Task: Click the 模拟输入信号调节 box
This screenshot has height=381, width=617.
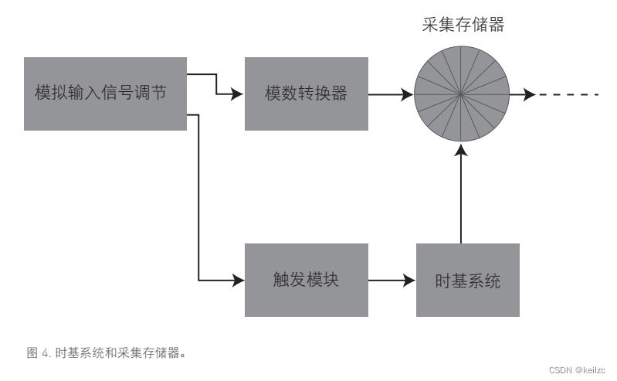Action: tap(105, 94)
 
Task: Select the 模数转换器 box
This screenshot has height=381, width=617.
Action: tap(306, 94)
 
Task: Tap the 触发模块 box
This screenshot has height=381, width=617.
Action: tap(306, 280)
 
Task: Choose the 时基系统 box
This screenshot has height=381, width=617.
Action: tap(467, 280)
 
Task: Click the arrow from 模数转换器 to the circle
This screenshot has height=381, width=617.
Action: tap(390, 94)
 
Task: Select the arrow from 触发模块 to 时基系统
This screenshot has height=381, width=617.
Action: tap(392, 280)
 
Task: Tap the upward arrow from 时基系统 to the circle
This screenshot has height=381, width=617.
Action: tap(461, 197)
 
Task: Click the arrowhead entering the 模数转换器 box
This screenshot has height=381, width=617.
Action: tap(238, 94)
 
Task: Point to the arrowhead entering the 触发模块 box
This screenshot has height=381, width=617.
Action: tap(238, 280)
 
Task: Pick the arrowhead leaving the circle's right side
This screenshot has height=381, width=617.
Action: tap(529, 94)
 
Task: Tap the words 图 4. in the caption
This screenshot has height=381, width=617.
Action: tap(39, 353)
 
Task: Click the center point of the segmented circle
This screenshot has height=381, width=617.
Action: tap(461, 94)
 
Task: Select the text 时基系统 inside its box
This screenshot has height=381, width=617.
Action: tap(467, 281)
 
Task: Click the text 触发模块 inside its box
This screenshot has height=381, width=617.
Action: tap(306, 280)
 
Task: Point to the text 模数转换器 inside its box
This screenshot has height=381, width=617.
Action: tap(306, 94)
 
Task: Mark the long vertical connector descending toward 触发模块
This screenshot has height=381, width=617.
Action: tap(199, 197)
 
